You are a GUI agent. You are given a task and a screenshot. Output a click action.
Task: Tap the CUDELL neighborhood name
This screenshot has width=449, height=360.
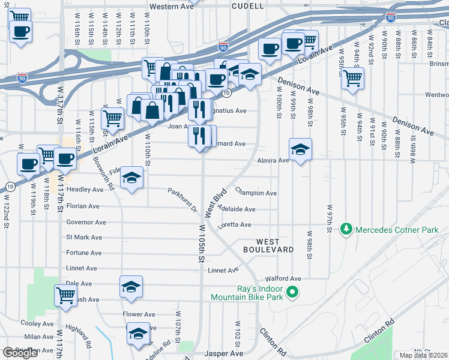pyautogui.click(x=248, y=6)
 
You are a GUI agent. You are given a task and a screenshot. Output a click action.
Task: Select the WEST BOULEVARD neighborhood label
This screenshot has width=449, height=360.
pyautogui.click(x=268, y=245)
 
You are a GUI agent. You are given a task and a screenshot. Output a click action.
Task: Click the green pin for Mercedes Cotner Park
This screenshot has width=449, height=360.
pyautogui.click(x=346, y=229)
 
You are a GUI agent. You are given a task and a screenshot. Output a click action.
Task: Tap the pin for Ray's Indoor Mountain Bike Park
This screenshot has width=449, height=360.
pyautogui.click(x=292, y=292)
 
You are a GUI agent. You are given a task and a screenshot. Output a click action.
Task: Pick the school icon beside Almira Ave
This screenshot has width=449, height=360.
pyautogui.click(x=300, y=149)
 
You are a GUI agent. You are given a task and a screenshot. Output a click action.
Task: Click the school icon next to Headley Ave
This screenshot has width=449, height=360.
pyautogui.click(x=131, y=178)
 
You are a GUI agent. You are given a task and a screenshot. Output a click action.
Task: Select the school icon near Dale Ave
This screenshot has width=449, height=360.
pyautogui.click(x=131, y=287)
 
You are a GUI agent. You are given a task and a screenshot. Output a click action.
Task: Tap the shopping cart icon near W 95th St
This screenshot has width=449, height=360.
pyautogui.click(x=352, y=77)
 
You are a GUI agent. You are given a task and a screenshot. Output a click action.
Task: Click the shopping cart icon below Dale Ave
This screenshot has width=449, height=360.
pyautogui.click(x=65, y=295)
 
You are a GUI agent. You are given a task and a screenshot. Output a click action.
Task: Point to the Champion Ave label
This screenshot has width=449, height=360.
pyautogui.click(x=256, y=193)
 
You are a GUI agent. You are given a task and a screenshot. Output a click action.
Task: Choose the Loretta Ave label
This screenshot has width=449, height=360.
pyautogui.click(x=237, y=224)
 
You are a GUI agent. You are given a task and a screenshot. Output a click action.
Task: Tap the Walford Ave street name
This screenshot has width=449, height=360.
pyautogui.click(x=286, y=278)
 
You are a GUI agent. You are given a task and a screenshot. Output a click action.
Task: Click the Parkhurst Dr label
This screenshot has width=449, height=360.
pyautogui.click(x=182, y=200)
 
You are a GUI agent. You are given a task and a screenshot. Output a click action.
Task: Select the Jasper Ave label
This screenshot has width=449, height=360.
pyautogui.click(x=223, y=354)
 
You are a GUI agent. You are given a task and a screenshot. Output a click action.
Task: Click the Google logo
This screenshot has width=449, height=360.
pyautogui.click(x=20, y=353)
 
